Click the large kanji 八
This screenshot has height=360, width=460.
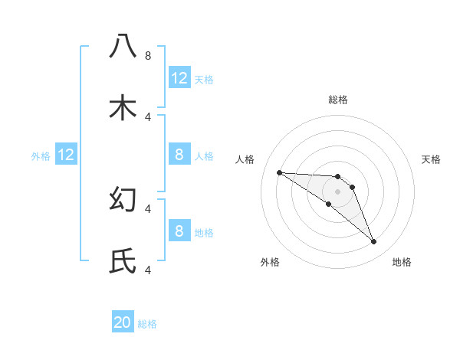123,47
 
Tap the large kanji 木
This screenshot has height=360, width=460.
123,108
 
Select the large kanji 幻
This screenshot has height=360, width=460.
123,199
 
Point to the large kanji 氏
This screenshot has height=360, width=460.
123,261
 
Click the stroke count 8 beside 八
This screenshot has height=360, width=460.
148,55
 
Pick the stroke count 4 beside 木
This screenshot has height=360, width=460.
148,116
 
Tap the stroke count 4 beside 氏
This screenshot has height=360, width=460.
148,270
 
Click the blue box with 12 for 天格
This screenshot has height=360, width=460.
179,78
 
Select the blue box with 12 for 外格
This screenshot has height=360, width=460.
66,155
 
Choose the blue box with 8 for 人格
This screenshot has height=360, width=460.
179,155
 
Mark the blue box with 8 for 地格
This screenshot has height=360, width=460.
179,231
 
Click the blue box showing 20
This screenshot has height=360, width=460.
123,322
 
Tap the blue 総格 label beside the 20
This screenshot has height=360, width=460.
148,324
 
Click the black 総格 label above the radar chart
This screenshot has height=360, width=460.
337,100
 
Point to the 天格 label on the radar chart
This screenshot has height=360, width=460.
432,159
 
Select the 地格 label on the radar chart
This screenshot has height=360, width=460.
402,262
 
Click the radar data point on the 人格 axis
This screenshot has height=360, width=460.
279,172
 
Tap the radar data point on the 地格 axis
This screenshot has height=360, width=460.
373,242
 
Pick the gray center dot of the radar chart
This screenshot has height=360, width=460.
337,191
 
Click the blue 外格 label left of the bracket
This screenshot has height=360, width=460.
41,155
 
